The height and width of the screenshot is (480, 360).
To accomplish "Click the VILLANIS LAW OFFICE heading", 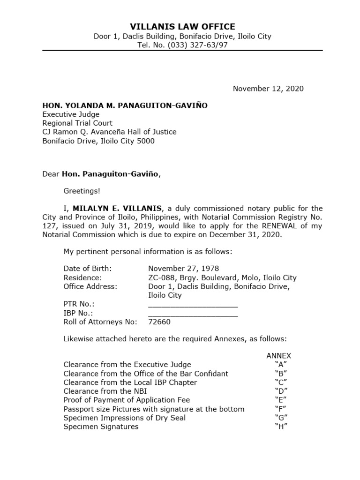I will point(182,27).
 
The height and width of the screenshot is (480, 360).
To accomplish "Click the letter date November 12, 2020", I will point(268,89).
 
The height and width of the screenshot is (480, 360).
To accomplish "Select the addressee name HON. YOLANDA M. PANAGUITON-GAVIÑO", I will point(125,106).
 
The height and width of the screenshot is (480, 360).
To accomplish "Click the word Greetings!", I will point(82,191).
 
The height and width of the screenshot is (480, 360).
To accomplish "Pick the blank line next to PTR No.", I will point(193,305).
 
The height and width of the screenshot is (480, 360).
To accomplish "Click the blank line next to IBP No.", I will point(193,313).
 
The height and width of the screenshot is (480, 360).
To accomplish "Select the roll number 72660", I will point(159,322).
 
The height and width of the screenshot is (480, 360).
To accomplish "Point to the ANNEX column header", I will point(279,356).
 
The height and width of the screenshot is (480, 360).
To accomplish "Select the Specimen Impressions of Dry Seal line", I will point(124,418).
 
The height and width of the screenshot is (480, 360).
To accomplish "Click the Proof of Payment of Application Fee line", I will point(127,400).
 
